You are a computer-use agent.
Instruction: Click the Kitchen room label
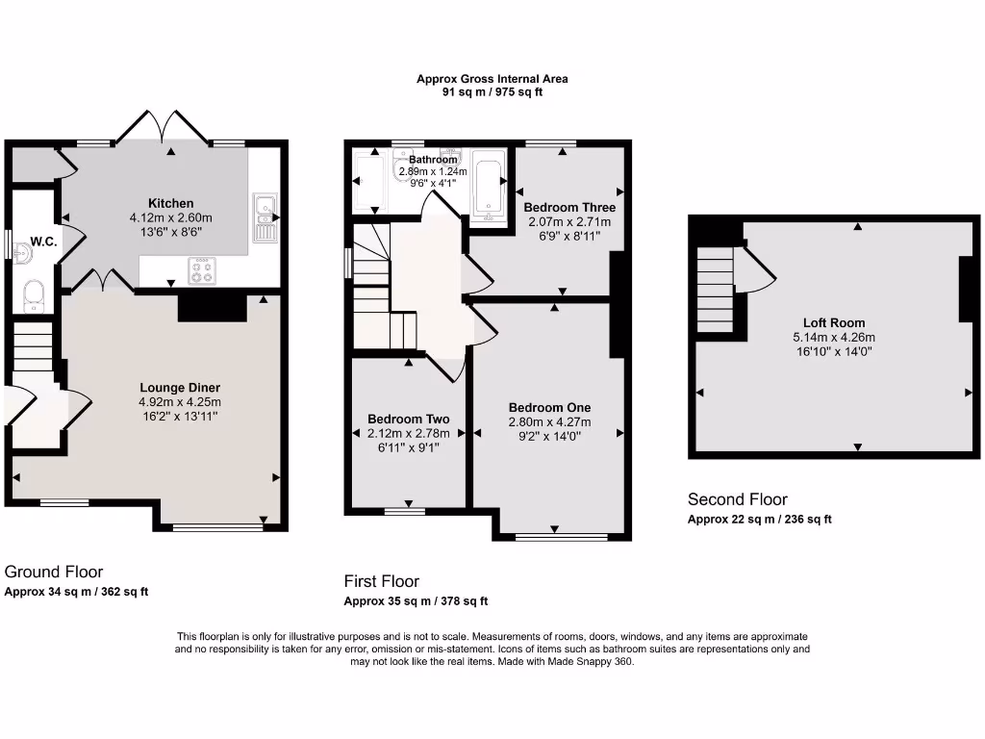(170, 203)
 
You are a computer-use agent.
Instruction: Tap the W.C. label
(44, 242)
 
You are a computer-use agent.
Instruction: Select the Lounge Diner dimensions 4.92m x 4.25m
(180, 402)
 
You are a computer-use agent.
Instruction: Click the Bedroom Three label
(569, 207)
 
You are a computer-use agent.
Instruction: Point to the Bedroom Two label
(409, 420)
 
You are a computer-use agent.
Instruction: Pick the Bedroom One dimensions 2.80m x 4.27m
(550, 421)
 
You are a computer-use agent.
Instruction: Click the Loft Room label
(834, 323)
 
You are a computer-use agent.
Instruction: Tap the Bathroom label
(433, 160)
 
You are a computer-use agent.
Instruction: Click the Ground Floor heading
(54, 572)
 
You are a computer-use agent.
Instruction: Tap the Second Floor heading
(737, 499)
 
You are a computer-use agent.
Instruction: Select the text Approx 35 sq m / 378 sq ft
(416, 601)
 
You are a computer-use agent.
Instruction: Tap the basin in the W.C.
(24, 252)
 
